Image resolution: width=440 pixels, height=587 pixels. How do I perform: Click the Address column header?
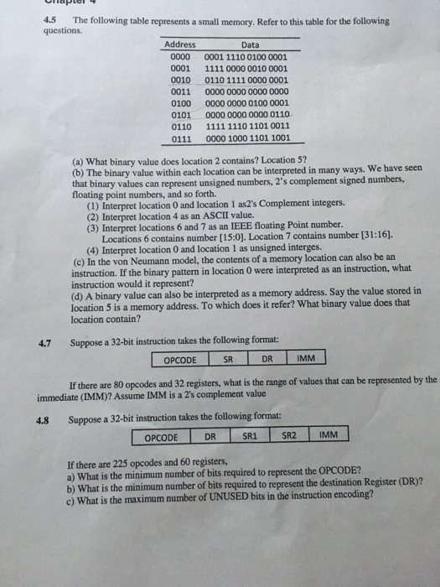pos(180,44)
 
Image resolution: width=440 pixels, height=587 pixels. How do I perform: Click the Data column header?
pos(250,44)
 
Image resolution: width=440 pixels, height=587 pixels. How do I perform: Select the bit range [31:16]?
pos(374,237)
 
